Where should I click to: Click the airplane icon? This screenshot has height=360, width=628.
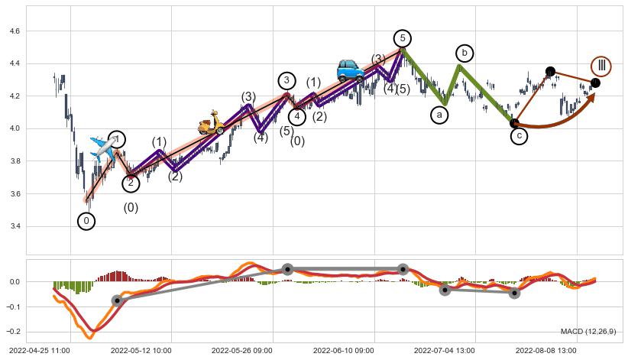point(102,147)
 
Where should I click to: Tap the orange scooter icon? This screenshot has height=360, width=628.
point(211,124)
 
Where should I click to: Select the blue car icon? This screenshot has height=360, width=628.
point(351,70)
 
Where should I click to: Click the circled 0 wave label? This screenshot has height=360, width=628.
point(87,221)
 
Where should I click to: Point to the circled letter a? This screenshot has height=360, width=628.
point(439,115)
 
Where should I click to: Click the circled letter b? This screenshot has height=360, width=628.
point(465,53)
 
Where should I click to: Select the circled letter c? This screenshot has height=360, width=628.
point(519,136)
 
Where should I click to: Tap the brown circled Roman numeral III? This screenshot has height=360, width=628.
point(601,66)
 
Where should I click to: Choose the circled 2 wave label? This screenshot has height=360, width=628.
point(131,183)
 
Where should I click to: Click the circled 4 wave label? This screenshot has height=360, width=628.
point(297,116)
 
